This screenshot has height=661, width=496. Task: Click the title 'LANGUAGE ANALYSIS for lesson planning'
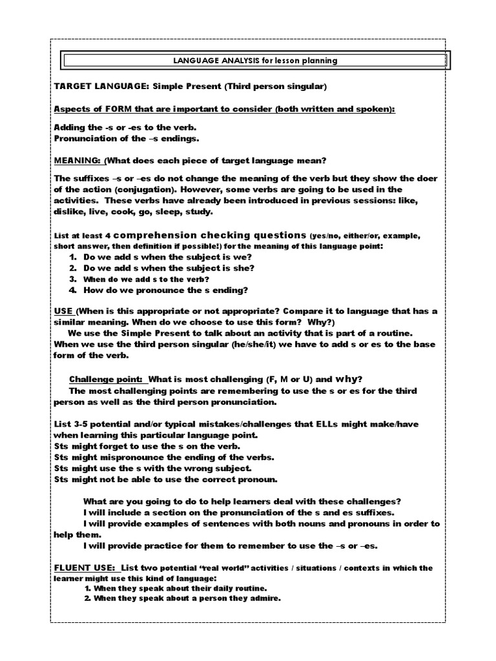(255, 61)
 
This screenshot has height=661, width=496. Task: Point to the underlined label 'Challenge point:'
(107, 378)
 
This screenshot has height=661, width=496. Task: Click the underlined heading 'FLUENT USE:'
(85, 568)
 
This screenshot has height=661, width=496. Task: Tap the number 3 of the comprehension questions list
(74, 280)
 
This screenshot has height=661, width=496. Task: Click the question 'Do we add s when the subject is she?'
(169, 268)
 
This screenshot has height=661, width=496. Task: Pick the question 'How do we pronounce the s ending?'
(165, 290)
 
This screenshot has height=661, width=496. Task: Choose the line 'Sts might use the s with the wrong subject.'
(153, 468)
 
